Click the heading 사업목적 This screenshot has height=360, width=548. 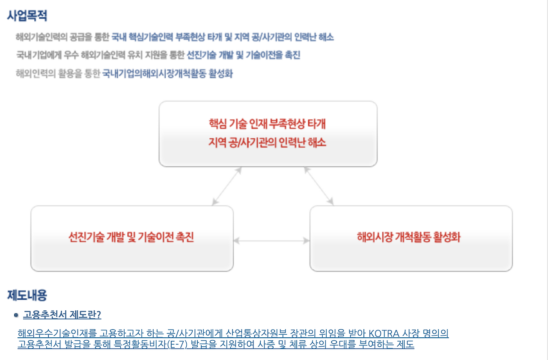27,16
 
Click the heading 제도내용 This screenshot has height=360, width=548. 27,295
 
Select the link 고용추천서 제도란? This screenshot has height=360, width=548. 62,315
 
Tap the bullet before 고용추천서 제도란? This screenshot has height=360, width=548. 16,315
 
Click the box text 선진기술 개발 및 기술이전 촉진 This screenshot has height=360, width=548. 131,237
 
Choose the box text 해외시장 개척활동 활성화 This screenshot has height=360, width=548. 408,237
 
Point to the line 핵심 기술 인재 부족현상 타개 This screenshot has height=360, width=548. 268,124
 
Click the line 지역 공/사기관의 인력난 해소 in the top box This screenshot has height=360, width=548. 268,143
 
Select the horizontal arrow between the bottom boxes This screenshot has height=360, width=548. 271,241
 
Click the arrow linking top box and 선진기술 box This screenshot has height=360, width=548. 227,186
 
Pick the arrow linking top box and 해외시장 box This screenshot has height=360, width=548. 319,186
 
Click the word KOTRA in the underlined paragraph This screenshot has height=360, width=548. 384,333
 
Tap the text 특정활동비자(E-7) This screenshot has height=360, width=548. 154,345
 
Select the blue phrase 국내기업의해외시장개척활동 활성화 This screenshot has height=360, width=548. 167,74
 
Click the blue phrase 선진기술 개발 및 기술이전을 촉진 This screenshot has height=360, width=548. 244,56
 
